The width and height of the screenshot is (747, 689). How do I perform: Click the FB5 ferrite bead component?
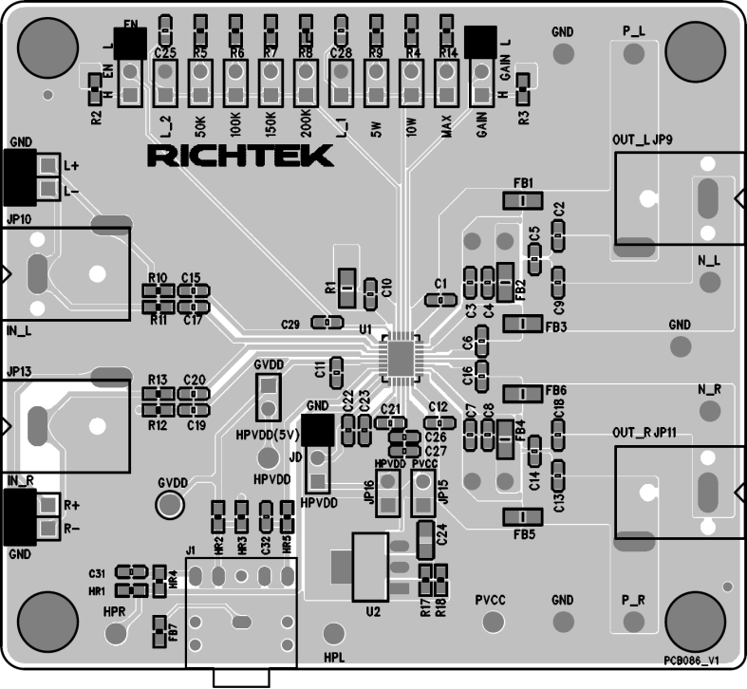click(521, 516)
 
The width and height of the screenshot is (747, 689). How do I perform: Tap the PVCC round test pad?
click(492, 621)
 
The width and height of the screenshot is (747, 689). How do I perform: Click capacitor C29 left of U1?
click(327, 324)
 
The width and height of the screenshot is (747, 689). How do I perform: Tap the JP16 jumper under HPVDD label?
click(389, 493)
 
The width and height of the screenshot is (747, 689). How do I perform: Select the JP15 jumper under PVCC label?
click(423, 493)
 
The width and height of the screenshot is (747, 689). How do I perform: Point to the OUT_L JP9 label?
click(642, 140)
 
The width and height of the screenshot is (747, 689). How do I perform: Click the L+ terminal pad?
click(47, 165)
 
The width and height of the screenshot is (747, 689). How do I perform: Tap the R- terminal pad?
click(47, 527)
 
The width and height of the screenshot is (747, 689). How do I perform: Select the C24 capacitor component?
click(425, 536)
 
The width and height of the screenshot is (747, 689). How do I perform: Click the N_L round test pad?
click(708, 282)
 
